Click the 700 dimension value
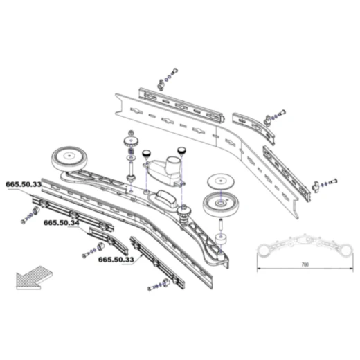click(305, 264)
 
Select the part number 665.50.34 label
click(62, 223)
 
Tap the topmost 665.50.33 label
click(24, 184)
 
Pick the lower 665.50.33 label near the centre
click(116, 260)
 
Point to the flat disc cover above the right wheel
click(221, 181)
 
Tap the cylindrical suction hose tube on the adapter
click(173, 165)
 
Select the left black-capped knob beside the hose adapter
click(146, 154)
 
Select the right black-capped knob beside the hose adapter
click(181, 151)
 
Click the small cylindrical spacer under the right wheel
click(221, 240)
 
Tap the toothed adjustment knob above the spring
click(131, 141)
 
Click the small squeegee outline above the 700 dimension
click(305, 246)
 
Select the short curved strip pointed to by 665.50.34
click(109, 240)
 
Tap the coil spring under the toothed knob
click(132, 151)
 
